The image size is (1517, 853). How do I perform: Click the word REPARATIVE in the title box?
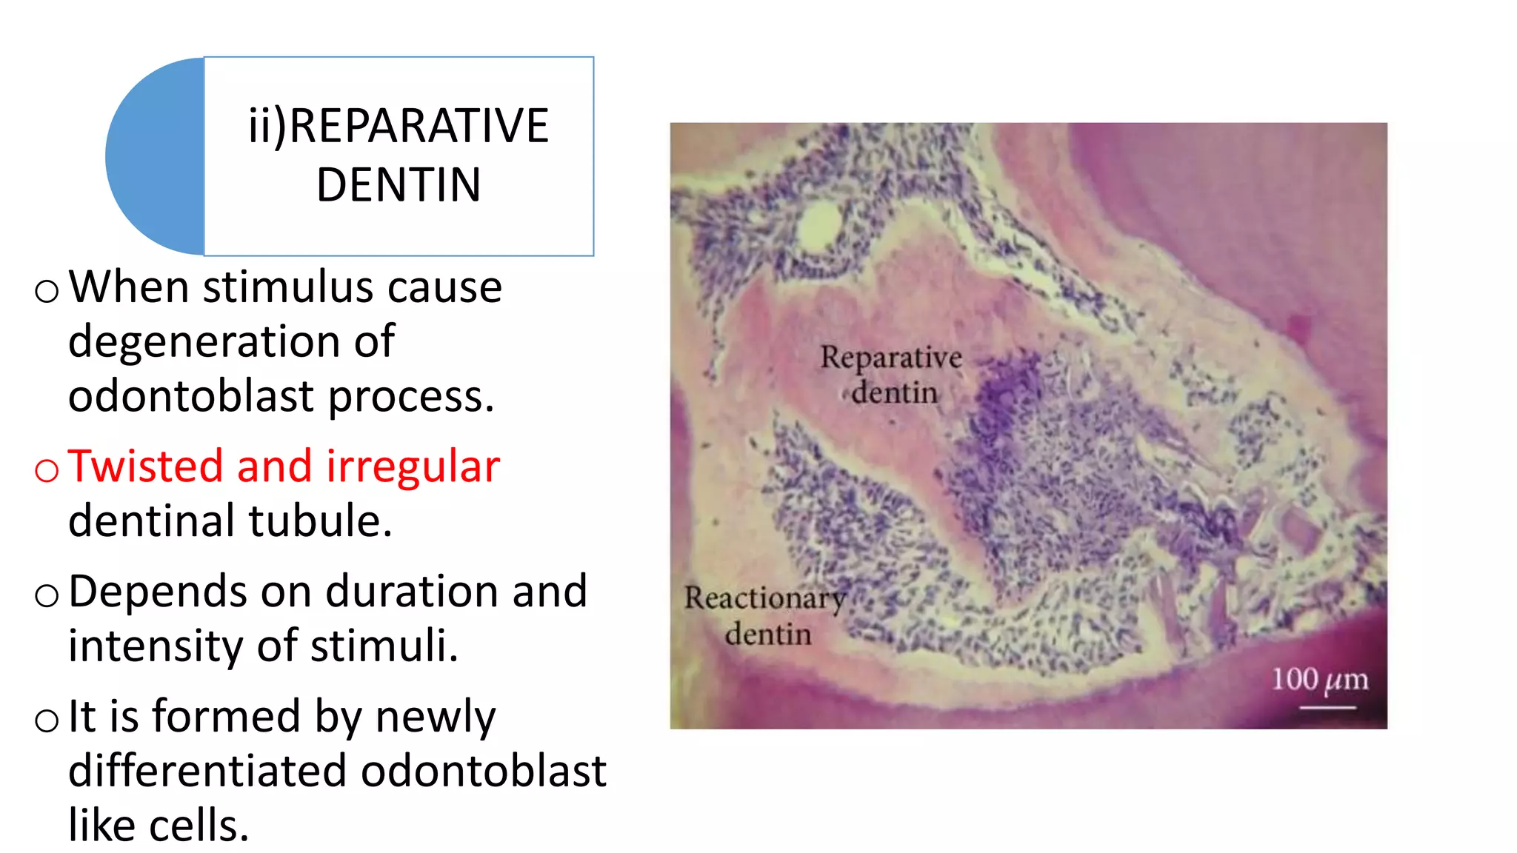(x=419, y=126)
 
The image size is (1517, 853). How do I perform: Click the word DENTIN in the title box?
(x=399, y=185)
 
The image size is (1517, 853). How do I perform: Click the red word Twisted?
(x=145, y=466)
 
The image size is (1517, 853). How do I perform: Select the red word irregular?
(x=413, y=468)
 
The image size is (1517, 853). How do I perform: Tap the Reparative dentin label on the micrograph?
(x=892, y=375)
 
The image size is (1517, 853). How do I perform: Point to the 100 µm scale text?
(x=1319, y=680)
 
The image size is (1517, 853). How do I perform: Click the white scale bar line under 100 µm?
(x=1327, y=708)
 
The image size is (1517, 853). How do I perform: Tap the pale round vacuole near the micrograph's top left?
(x=819, y=223)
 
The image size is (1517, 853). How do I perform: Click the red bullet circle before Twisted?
(x=47, y=470)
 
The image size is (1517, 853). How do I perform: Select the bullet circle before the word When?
(x=47, y=291)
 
